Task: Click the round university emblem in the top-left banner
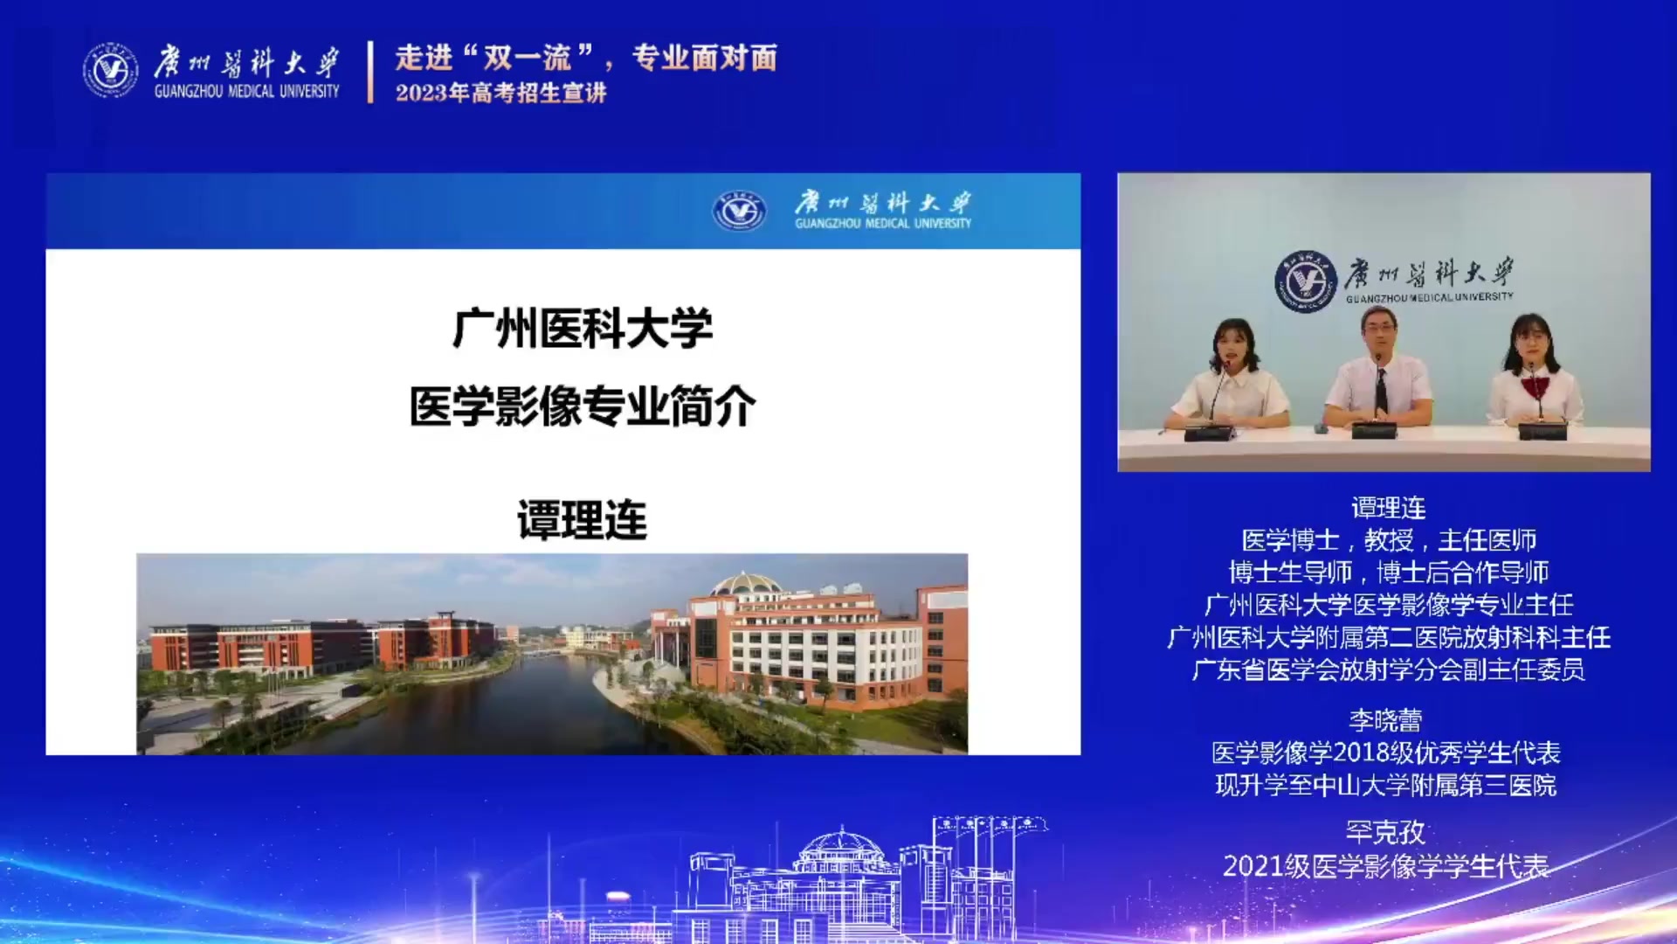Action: tap(110, 70)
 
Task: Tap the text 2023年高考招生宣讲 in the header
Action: tap(500, 93)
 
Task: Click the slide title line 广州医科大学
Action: tap(583, 329)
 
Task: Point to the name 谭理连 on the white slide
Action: tap(583, 520)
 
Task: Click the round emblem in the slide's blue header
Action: tap(739, 211)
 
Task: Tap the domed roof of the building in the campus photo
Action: tap(744, 583)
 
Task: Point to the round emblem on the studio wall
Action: tap(1306, 281)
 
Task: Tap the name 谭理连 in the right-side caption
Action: tap(1388, 508)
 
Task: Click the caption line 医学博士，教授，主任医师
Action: tap(1389, 540)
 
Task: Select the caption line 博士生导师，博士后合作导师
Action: tap(1389, 573)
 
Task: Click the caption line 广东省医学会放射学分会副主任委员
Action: tap(1389, 670)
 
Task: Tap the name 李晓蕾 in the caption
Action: tap(1385, 720)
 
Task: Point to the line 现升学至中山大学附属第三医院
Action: tap(1386, 785)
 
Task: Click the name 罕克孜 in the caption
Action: tap(1385, 831)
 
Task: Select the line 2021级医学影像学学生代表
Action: tap(1386, 866)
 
